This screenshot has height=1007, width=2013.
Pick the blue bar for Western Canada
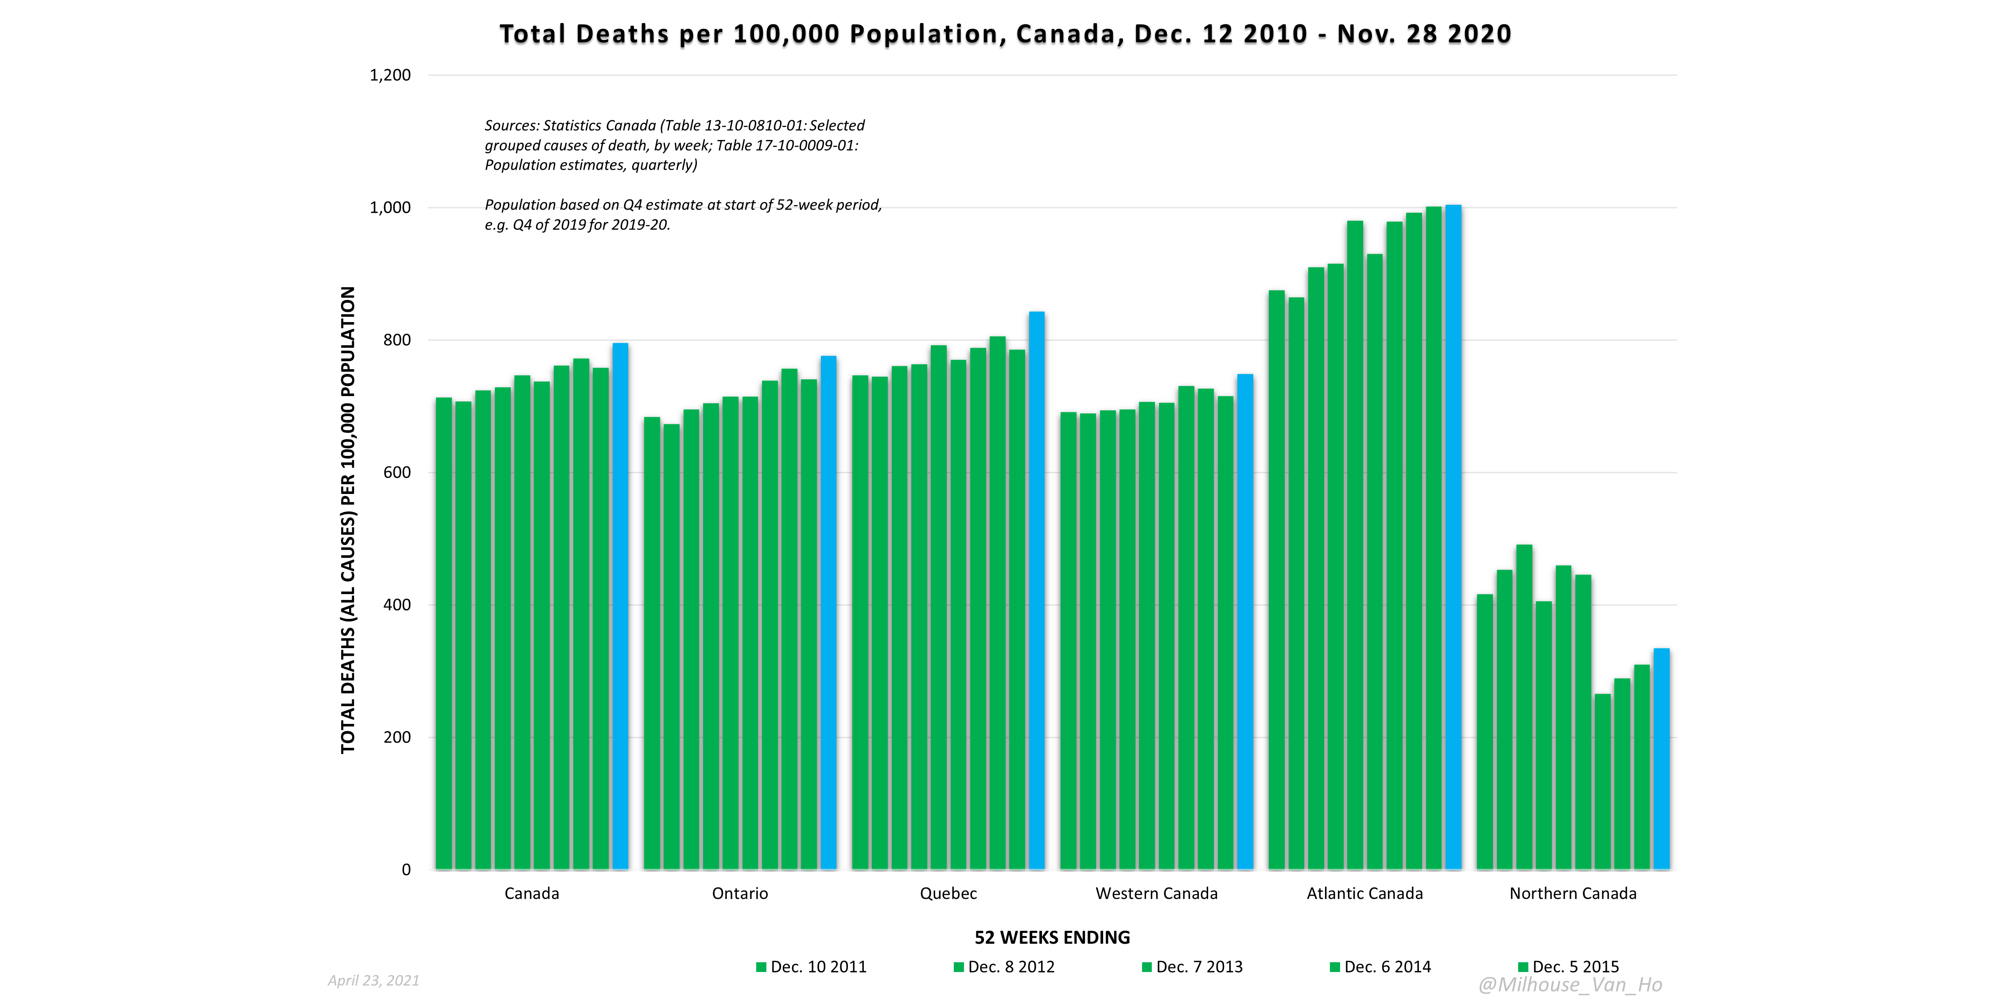(1245, 622)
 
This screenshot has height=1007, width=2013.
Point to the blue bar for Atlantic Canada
(1453, 537)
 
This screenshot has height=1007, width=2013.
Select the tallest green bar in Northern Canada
(1524, 707)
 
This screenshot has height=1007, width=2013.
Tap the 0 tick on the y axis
(406, 870)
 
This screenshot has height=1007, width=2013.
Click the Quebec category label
(948, 894)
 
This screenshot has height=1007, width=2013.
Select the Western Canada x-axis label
(1156, 894)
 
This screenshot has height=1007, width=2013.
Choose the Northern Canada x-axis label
(1572, 894)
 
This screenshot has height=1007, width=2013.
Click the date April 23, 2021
(373, 980)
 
